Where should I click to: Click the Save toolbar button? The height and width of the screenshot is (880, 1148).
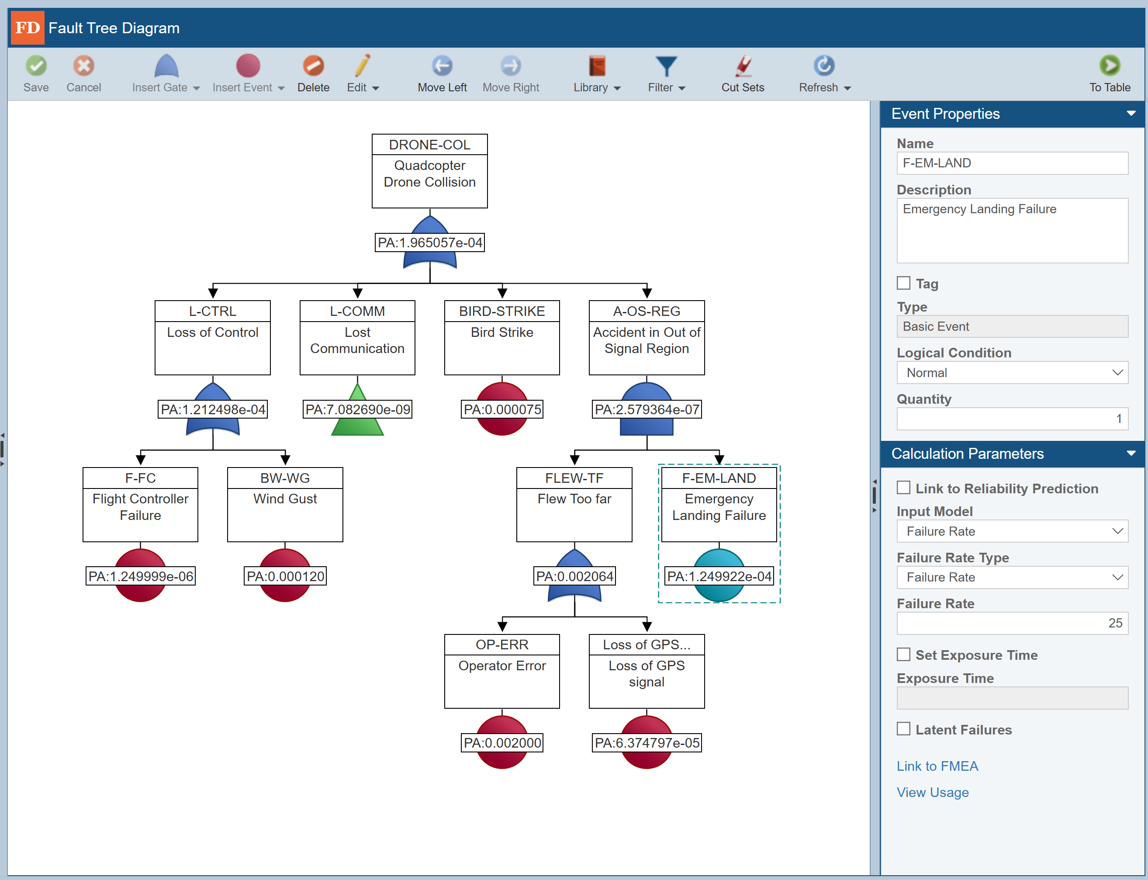[36, 74]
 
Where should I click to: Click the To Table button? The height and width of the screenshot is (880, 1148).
[1109, 74]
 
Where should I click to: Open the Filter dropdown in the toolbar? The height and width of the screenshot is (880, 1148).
[666, 74]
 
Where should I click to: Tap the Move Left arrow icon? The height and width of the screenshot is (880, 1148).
[442, 66]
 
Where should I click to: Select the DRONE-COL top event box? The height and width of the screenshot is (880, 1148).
[429, 171]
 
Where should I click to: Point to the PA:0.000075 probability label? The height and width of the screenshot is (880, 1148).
[502, 409]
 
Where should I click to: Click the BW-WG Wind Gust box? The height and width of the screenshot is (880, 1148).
[285, 504]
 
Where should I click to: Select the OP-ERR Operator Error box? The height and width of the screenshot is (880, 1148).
[502, 671]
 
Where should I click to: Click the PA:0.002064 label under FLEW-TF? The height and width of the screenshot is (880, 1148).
[574, 576]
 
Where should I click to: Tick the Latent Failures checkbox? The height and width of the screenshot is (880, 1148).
[903, 729]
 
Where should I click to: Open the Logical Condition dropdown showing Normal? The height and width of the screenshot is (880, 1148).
[1012, 372]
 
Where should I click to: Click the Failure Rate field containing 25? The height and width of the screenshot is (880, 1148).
[1012, 623]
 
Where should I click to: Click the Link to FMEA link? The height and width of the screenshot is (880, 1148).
[937, 766]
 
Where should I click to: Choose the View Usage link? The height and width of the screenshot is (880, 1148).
[932, 792]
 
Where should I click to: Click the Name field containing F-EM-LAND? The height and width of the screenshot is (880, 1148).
[1012, 163]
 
